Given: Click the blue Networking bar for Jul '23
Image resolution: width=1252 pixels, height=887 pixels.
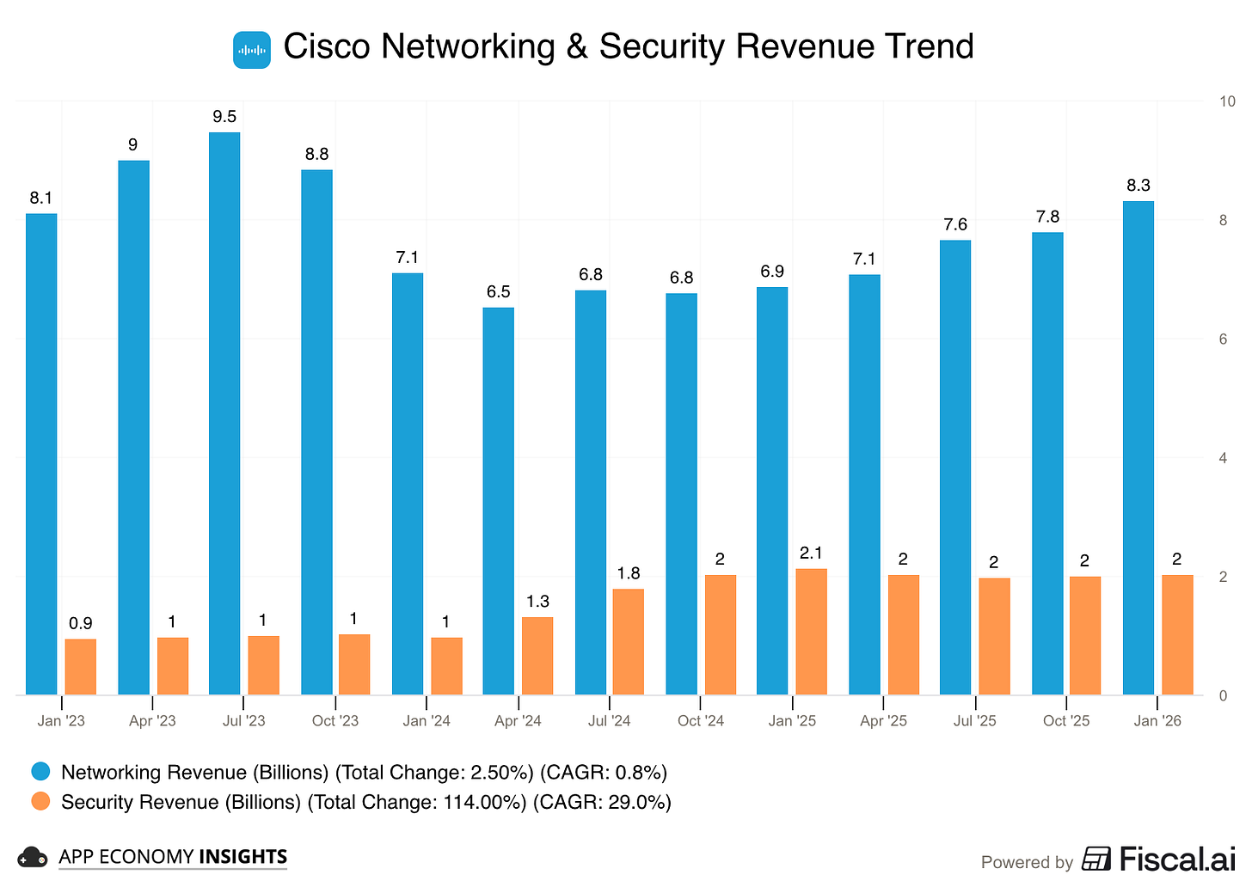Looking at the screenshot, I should click(x=224, y=413).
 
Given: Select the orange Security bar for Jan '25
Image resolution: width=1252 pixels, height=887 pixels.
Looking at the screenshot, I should click(x=811, y=632).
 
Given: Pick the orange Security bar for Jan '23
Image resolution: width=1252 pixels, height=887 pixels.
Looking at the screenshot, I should click(x=81, y=667).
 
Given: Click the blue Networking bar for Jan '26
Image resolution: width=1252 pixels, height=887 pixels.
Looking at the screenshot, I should click(x=1138, y=448).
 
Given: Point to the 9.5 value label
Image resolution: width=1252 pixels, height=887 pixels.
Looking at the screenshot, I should click(x=224, y=117).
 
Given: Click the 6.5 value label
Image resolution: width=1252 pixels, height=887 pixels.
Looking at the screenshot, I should click(x=498, y=292).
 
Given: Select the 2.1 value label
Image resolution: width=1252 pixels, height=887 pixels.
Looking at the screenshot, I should click(x=811, y=554).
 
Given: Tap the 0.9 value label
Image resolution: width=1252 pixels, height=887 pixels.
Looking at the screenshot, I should click(x=81, y=624).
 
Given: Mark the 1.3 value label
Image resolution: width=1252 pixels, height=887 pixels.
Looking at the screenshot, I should click(x=537, y=602).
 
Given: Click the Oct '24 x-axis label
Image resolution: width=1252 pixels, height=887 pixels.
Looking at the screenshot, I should click(x=701, y=721).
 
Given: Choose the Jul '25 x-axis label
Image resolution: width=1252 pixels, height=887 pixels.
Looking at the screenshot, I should click(x=975, y=721).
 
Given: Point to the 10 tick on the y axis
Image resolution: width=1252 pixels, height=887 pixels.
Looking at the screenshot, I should click(x=1227, y=101).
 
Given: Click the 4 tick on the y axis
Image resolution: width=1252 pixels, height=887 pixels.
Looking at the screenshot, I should click(x=1223, y=458).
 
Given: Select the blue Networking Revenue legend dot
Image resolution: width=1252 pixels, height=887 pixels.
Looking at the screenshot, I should click(x=40, y=772).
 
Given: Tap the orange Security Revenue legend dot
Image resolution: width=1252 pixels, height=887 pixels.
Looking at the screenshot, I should click(x=40, y=801).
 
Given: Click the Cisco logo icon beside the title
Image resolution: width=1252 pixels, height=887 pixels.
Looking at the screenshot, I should click(x=252, y=50).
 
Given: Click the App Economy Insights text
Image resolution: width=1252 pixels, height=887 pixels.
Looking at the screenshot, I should click(x=173, y=857).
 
